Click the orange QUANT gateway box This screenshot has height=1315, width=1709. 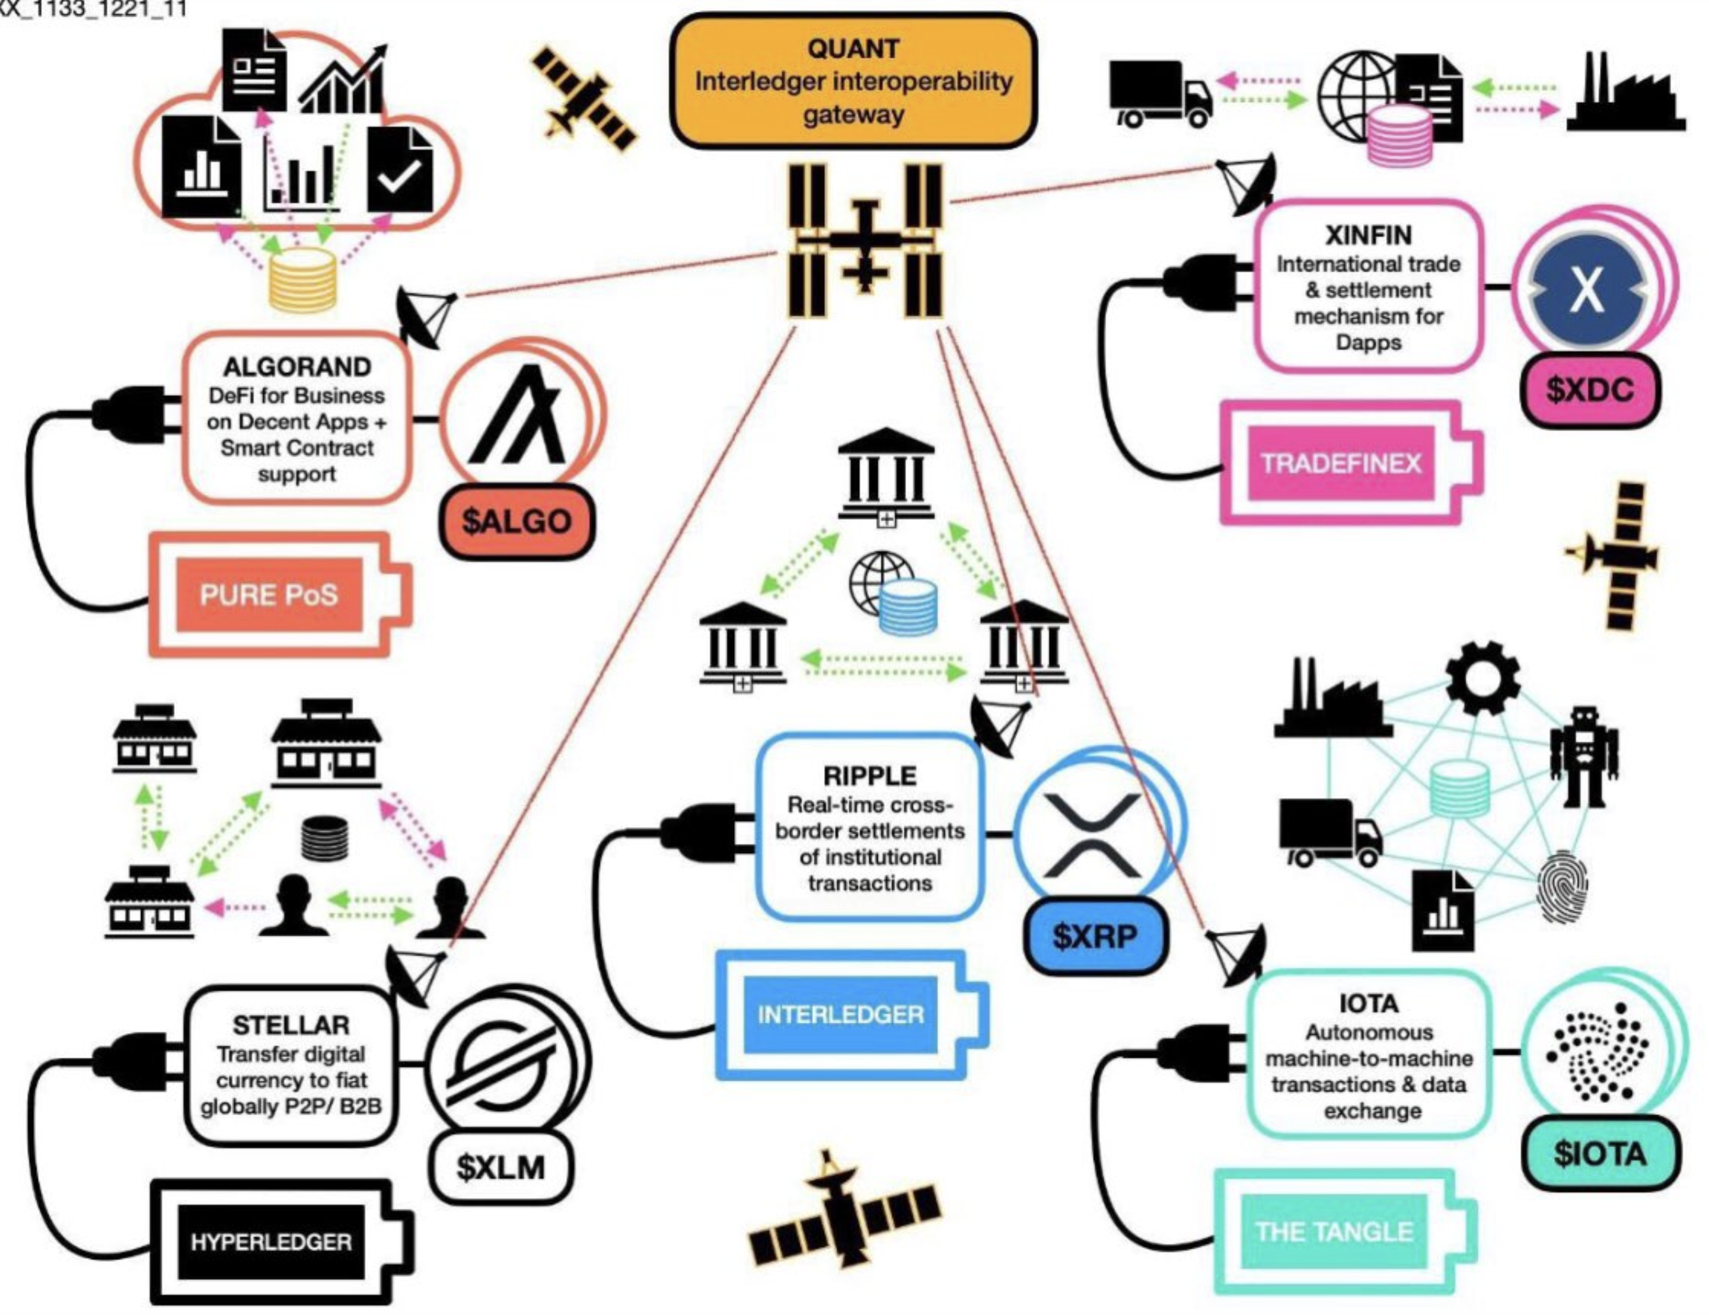(x=853, y=81)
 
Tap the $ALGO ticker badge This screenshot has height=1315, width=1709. (x=516, y=521)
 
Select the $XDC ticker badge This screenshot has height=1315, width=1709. (x=1589, y=390)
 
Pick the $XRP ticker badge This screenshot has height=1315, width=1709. (x=1095, y=936)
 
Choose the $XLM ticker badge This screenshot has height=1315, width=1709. (x=501, y=1167)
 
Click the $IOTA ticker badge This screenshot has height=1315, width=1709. (x=1600, y=1153)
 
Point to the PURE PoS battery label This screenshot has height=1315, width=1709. (x=269, y=595)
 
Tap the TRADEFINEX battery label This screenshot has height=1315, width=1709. (x=1340, y=463)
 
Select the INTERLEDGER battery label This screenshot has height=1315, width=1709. (x=840, y=1014)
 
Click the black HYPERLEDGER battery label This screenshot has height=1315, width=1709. (x=271, y=1241)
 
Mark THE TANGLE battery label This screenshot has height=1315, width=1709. (x=1334, y=1232)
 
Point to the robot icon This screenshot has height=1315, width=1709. (x=1584, y=757)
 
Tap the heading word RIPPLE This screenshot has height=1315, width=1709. (x=869, y=775)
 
